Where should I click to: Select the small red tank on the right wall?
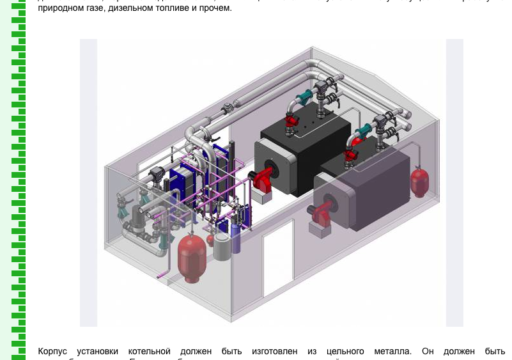pyautogui.click(x=419, y=182)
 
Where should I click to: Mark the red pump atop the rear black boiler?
pyautogui.click(x=293, y=121)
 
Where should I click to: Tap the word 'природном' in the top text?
pyautogui.click(x=59, y=9)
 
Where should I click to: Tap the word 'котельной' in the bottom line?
pyautogui.click(x=149, y=351)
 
